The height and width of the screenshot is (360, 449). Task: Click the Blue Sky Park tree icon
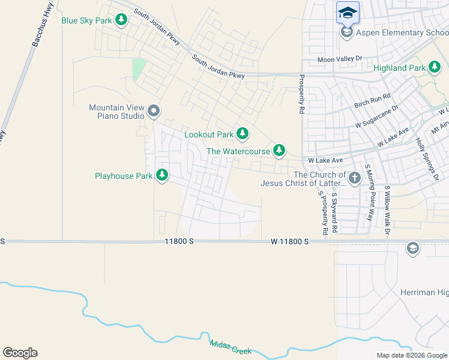pyautogui.click(x=121, y=20)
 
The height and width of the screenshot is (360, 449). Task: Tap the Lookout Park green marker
pyautogui.click(x=242, y=134)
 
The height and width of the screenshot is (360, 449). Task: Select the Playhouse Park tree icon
pyautogui.click(x=161, y=175)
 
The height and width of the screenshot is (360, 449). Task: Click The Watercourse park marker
pyautogui.click(x=279, y=151)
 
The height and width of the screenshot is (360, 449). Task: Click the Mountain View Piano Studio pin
pyautogui.click(x=154, y=110)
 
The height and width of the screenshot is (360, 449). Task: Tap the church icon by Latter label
pyautogui.click(x=355, y=178)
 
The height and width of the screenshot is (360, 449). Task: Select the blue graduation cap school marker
pyautogui.click(x=348, y=12)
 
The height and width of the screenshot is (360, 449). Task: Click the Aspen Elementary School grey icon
pyautogui.click(x=346, y=32)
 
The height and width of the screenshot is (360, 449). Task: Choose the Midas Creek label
pyautogui.click(x=231, y=347)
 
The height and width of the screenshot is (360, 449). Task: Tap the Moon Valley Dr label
pyautogui.click(x=340, y=59)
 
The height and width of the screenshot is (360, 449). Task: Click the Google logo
pyautogui.click(x=20, y=353)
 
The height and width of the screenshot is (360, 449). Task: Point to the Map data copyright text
pyautogui.click(x=411, y=355)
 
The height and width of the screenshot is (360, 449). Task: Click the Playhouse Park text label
pyautogui.click(x=124, y=176)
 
